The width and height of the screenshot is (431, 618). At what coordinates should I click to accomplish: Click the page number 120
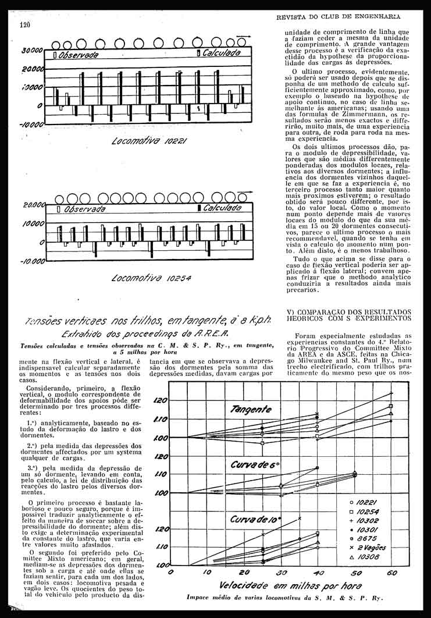tap(24, 25)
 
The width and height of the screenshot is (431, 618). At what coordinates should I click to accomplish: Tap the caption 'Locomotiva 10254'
tap(151, 278)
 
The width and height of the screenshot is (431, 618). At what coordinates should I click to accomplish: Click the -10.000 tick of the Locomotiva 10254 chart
tap(33, 261)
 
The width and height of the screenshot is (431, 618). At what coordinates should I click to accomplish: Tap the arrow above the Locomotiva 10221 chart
tap(245, 37)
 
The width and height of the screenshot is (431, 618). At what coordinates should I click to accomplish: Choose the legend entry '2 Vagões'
tap(371, 548)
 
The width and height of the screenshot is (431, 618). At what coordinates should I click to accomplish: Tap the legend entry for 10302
tap(369, 520)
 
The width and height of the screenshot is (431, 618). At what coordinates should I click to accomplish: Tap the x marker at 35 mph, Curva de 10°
tap(300, 517)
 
